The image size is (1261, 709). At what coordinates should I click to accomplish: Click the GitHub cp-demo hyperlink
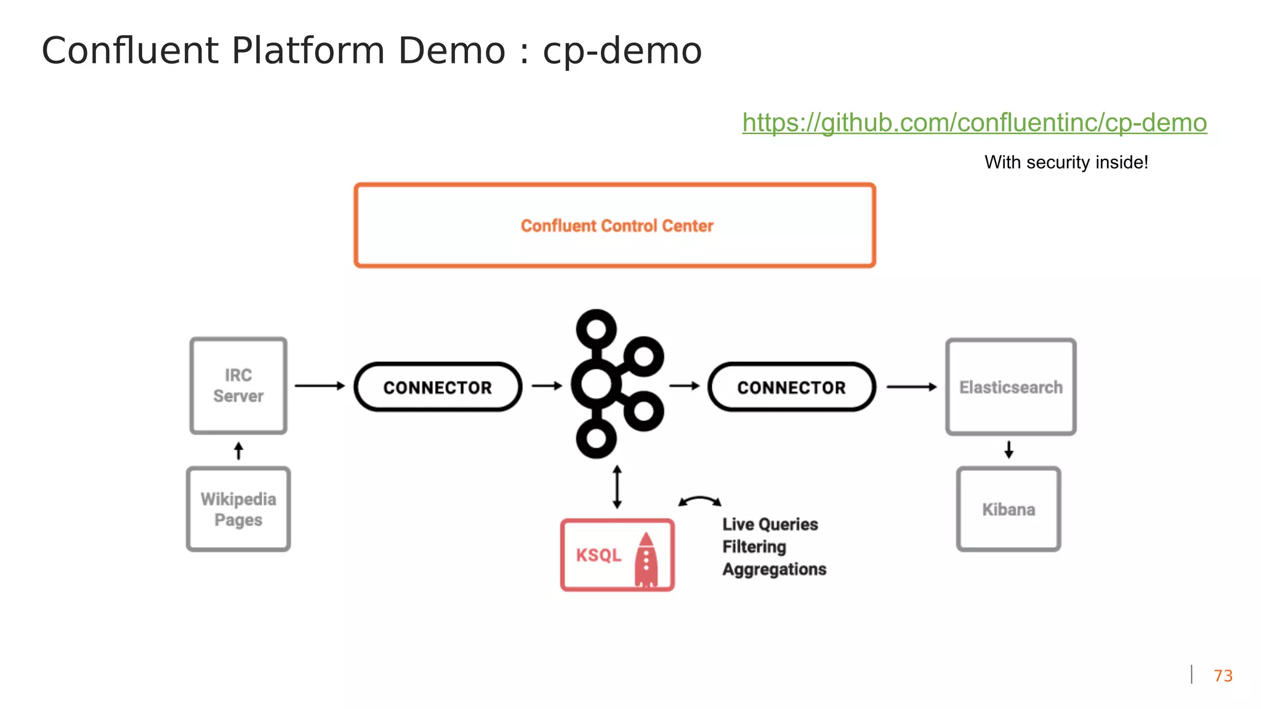click(974, 122)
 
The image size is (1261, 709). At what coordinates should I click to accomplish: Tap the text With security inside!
click(1066, 162)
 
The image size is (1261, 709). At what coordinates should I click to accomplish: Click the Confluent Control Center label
click(617, 226)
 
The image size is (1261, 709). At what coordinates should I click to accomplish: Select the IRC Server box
click(238, 386)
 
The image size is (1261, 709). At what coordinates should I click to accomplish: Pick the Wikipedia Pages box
click(238, 509)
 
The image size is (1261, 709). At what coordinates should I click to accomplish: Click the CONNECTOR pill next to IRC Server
click(438, 387)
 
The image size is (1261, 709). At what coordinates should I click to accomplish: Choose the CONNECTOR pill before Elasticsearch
click(791, 387)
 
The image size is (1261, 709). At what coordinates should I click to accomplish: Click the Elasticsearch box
click(1010, 387)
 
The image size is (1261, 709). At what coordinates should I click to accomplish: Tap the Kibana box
click(1009, 509)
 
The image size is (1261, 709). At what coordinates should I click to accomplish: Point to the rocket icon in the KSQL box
click(646, 559)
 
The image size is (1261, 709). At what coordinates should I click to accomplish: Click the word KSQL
click(598, 555)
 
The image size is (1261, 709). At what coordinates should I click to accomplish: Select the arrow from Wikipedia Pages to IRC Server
click(239, 451)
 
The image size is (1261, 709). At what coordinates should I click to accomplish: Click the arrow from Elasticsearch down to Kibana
click(1009, 450)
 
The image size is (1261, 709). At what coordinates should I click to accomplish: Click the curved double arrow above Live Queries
click(699, 501)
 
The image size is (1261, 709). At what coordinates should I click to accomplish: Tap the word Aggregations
click(774, 569)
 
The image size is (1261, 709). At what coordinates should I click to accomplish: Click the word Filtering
click(754, 547)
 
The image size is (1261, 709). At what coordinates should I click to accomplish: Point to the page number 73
click(1223, 676)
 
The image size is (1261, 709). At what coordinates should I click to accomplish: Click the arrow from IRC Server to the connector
click(320, 386)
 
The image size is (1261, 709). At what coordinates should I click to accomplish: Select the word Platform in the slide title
click(308, 50)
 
